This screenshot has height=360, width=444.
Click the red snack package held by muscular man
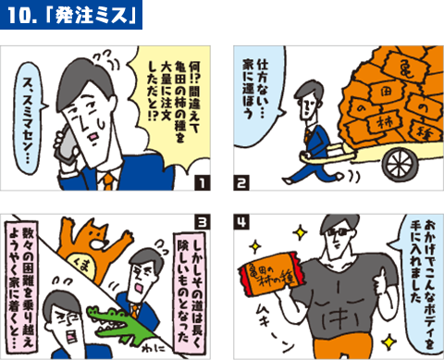point(278,278)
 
